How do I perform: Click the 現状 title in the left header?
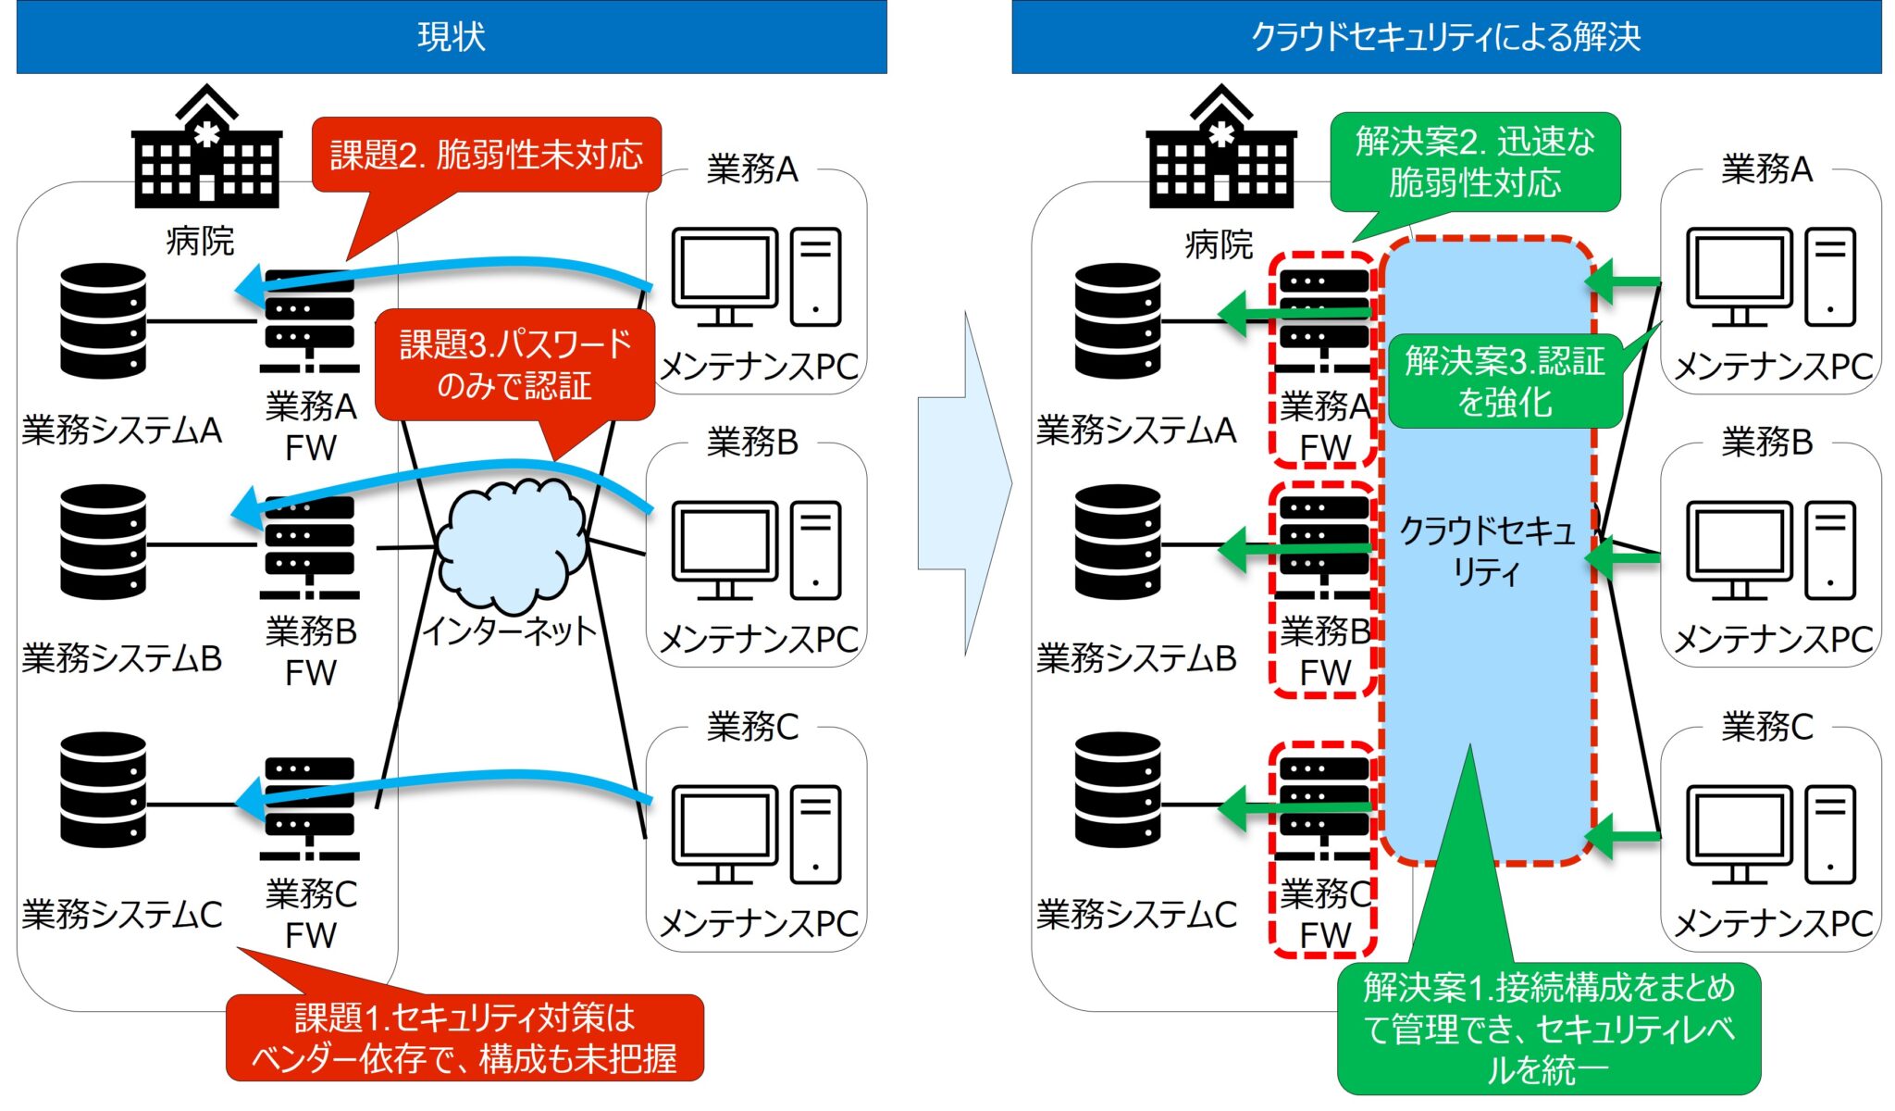(x=451, y=37)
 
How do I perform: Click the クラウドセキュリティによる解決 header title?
(x=1445, y=37)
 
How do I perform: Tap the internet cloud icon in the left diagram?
(x=511, y=546)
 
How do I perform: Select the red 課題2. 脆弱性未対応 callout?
(x=487, y=155)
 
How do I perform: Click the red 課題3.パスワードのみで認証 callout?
(x=514, y=365)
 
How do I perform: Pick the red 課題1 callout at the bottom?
(x=464, y=1038)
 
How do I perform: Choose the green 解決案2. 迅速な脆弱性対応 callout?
(x=1475, y=162)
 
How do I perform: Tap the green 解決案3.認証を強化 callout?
(x=1505, y=381)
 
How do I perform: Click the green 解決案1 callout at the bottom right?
(x=1549, y=1028)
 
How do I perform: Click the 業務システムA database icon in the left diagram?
(x=103, y=321)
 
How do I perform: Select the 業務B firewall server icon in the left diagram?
(x=309, y=546)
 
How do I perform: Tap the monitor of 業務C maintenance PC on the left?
(x=725, y=830)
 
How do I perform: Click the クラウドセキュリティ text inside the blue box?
(x=1486, y=551)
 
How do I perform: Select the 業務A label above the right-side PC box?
(x=1765, y=169)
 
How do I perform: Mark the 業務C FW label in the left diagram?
(x=311, y=914)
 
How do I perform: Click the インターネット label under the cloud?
(x=510, y=631)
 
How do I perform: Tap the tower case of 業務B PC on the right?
(x=1829, y=551)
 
